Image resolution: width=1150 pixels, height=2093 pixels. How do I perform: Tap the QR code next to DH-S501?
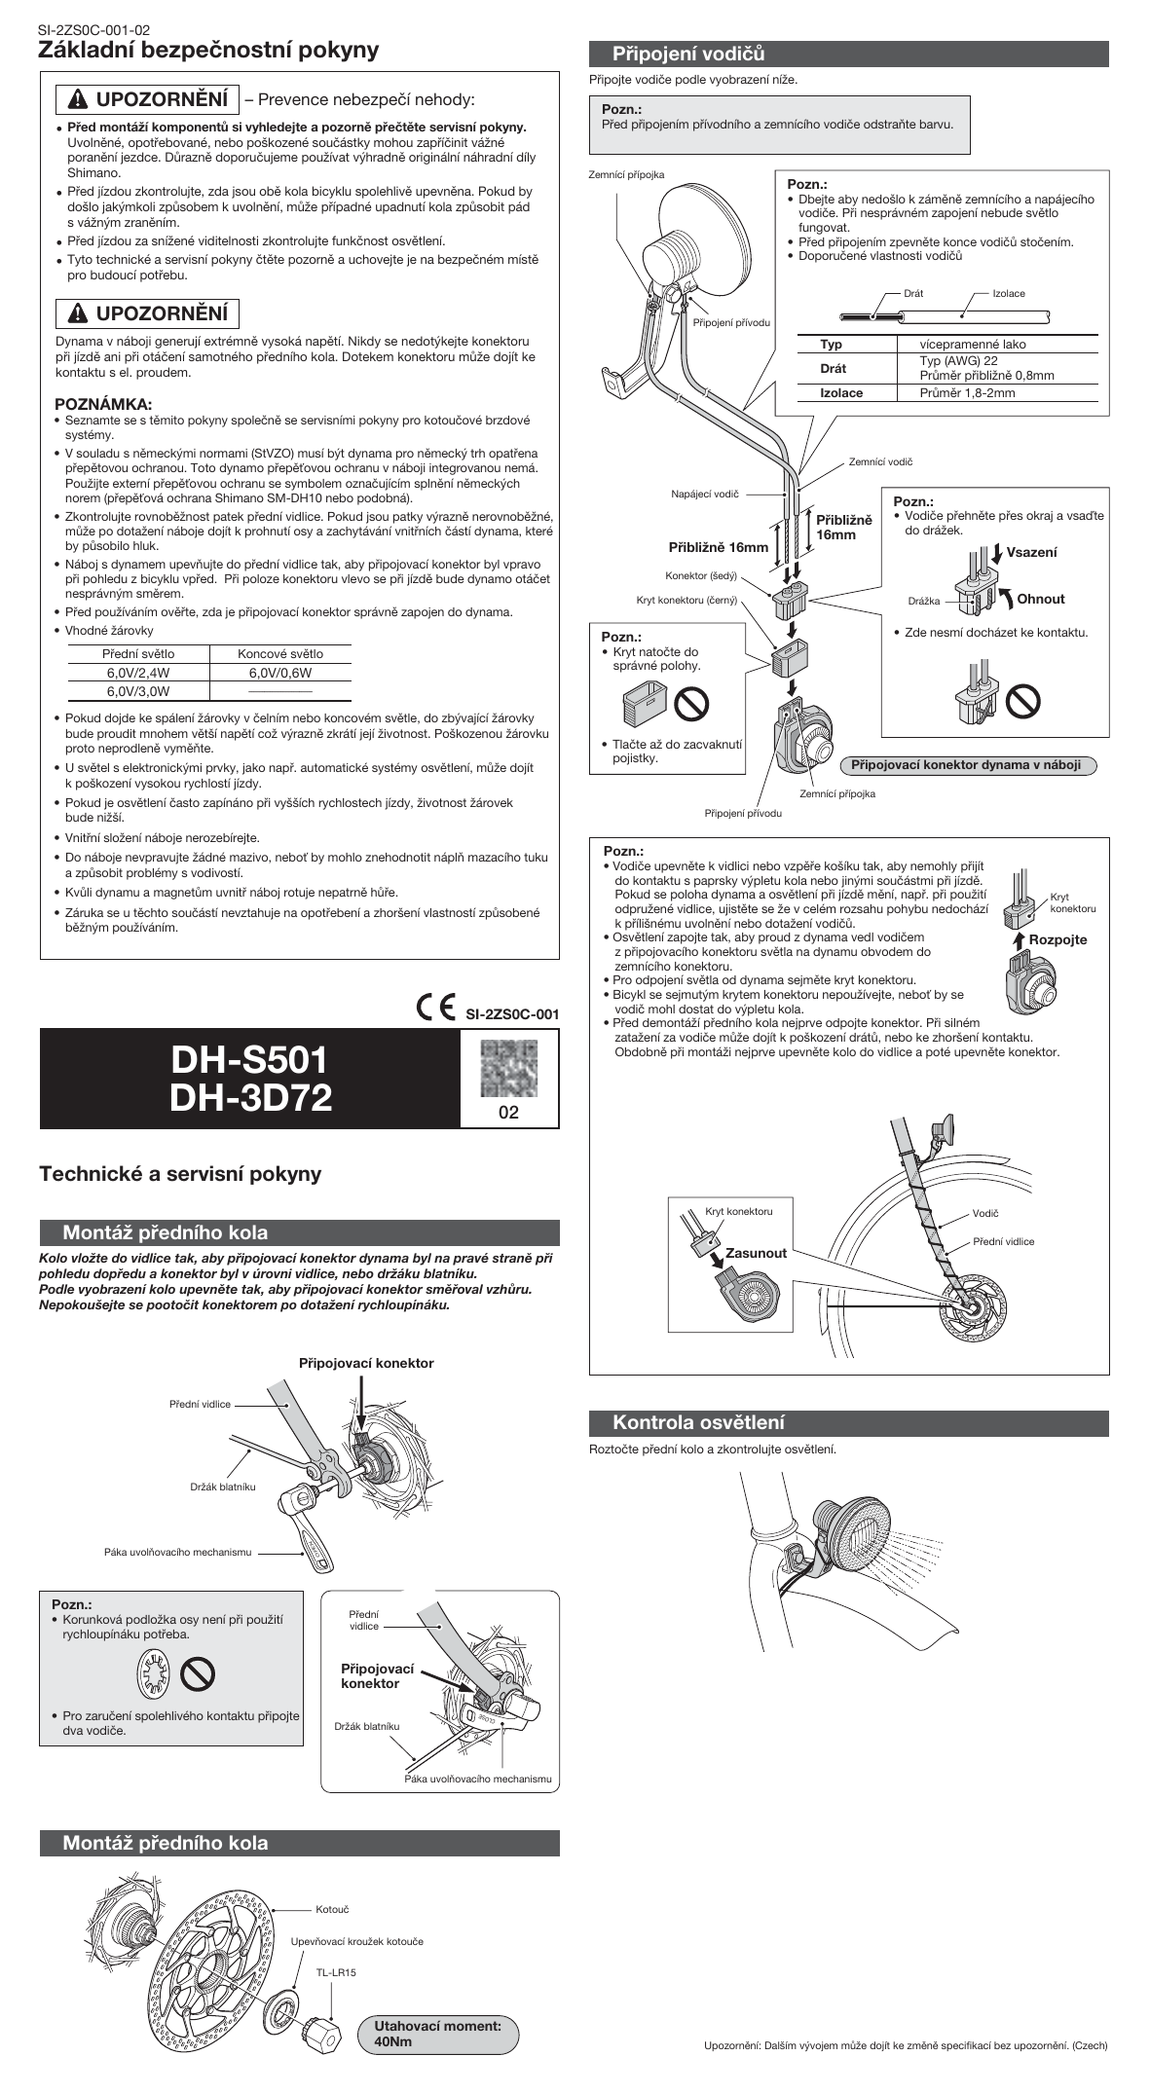coord(508,1068)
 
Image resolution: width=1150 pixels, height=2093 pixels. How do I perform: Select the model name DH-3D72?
coord(251,1098)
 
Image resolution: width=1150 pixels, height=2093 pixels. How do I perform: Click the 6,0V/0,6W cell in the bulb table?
coord(280,673)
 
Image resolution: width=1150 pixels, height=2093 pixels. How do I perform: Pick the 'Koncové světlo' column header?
coord(280,654)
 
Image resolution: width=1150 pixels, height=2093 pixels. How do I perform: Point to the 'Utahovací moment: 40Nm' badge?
coord(438,2033)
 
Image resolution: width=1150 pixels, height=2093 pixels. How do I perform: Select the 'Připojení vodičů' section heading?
coord(688,54)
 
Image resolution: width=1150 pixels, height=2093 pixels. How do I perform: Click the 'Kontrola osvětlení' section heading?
coord(698,1422)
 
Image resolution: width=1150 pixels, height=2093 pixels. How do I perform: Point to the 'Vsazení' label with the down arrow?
coord(1031,552)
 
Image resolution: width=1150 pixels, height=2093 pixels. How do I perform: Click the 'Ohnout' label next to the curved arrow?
coord(1041,599)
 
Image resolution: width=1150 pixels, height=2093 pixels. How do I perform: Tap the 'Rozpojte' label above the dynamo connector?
coord(1057,939)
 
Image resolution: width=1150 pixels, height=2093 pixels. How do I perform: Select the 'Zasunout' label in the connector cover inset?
coord(756,1253)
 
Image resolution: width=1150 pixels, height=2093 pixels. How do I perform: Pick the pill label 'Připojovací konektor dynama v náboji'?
coord(966,764)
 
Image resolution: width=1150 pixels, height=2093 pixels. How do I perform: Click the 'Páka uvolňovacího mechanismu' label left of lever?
coord(178,1552)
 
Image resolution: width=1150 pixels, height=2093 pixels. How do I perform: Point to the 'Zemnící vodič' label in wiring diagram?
coord(880,461)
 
